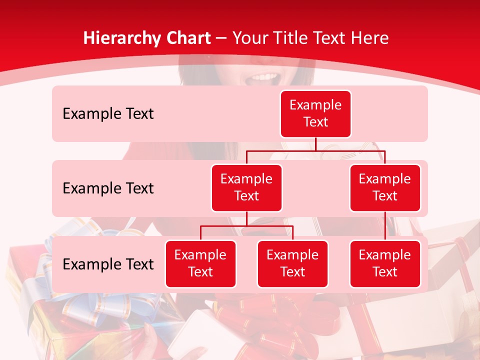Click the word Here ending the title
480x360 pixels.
[370, 38]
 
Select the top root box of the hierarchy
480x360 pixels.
[315, 113]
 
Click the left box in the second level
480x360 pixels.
[246, 187]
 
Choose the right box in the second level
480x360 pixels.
[385, 187]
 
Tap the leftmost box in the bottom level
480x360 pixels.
[200, 263]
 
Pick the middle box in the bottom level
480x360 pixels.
[292, 263]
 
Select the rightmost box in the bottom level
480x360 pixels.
[385, 263]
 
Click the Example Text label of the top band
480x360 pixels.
[108, 114]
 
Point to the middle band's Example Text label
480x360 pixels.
[108, 188]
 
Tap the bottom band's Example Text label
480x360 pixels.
[108, 264]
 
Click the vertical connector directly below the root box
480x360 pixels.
[315, 144]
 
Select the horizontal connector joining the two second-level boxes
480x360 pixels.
[315, 150]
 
